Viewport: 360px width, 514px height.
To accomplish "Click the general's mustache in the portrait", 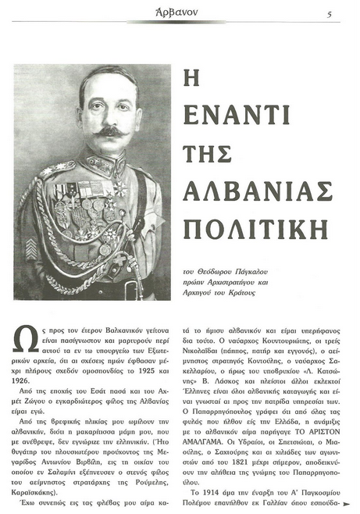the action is (94, 130).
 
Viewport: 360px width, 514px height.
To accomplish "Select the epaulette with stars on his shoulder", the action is (59, 168).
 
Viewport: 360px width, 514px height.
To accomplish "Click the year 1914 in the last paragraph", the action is (205, 492).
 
